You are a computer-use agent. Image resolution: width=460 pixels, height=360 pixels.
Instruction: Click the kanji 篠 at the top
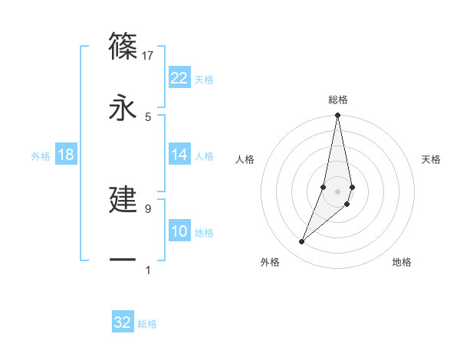pos(123,46)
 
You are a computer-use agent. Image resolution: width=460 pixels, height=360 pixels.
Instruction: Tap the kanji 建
pos(123,199)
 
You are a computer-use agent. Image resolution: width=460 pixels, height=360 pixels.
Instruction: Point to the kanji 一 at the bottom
pos(123,260)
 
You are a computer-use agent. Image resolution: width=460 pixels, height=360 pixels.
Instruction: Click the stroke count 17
pos(148,55)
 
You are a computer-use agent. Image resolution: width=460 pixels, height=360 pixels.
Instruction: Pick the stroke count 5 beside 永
pos(148,116)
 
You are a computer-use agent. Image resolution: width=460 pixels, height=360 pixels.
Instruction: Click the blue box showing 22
pos(179,78)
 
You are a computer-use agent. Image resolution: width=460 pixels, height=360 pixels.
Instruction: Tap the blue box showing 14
pos(179,155)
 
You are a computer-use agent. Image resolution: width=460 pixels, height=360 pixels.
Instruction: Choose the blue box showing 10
pos(179,231)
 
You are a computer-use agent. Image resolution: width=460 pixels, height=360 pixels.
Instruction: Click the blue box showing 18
pos(66,155)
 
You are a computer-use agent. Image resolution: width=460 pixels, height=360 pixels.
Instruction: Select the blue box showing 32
pos(123,322)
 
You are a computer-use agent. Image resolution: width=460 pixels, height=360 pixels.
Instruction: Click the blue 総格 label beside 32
pos(147,324)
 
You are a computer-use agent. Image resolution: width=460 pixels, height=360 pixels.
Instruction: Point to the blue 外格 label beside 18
pos(41,156)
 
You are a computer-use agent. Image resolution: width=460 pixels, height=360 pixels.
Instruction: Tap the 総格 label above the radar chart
pos(338,100)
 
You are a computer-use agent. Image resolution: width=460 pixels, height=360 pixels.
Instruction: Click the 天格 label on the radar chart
pos(432,159)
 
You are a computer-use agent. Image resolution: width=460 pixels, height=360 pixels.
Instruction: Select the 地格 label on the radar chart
pos(402,262)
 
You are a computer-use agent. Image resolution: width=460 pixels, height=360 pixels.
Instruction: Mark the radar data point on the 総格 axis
pos(338,116)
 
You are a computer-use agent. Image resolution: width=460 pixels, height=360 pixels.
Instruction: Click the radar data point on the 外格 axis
pos(302,242)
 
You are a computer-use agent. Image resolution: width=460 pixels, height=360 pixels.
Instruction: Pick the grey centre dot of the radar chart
pos(338,191)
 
